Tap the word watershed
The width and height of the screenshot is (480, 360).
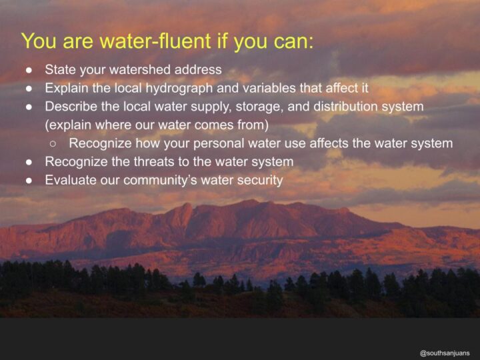click(x=140, y=69)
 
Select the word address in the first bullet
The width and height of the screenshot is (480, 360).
click(x=198, y=69)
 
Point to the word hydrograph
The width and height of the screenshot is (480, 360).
click(x=179, y=88)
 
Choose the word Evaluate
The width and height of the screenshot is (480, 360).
click(x=71, y=180)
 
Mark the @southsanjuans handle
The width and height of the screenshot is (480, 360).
click(x=445, y=353)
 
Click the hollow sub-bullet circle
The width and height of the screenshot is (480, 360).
click(x=53, y=143)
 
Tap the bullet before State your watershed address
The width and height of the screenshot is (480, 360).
click(x=29, y=70)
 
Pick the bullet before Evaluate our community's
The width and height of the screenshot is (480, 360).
click(x=29, y=181)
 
